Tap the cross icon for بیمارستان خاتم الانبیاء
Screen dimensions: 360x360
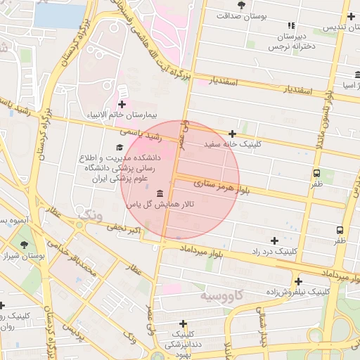(x=122, y=103)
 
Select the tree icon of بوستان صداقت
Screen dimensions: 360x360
(x=242, y=5)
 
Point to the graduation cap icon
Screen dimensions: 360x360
(x=119, y=148)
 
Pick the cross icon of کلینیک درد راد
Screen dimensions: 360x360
(x=274, y=240)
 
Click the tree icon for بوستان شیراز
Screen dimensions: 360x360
(x=24, y=245)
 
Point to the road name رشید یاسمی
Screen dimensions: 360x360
(x=141, y=131)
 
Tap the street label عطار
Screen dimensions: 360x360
(x=134, y=269)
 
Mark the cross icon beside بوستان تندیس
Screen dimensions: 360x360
(x=351, y=17)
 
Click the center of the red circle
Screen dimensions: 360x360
(x=180, y=180)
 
